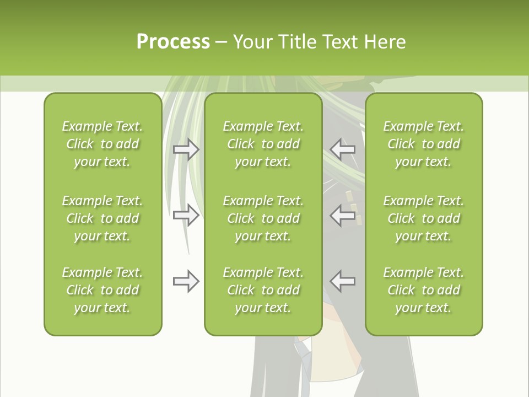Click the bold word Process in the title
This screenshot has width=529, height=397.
click(173, 42)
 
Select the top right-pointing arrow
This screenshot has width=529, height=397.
click(186, 149)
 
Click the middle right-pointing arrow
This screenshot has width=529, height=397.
click(186, 214)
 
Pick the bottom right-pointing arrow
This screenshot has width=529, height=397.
click(186, 281)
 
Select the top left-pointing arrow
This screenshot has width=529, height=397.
click(343, 149)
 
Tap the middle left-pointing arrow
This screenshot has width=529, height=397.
click(343, 214)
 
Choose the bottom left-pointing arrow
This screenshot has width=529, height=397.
click(343, 281)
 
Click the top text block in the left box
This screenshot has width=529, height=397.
click(102, 144)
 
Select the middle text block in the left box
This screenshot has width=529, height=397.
click(102, 218)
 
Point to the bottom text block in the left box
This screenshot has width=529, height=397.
click(102, 290)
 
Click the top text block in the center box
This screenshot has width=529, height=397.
click(263, 144)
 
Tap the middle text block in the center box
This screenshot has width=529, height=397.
click(263, 218)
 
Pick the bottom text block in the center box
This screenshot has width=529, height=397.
click(263, 290)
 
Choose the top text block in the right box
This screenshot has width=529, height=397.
click(424, 144)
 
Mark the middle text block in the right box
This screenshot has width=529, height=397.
click(424, 218)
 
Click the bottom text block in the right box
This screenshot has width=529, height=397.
click(424, 290)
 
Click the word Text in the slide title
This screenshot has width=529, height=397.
click(341, 42)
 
